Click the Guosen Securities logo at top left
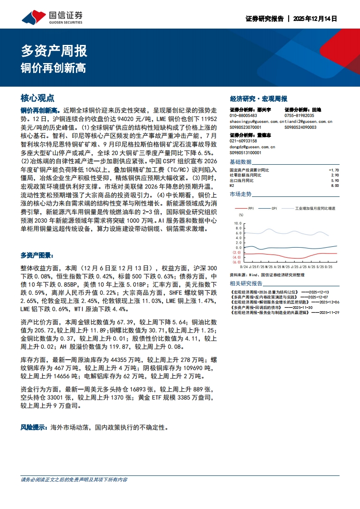point(52,17)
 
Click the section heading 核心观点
point(38,98)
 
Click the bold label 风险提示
point(34,427)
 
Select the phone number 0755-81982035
point(299,116)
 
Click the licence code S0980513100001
point(246,153)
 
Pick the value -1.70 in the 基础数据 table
point(333,170)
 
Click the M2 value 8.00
point(335,185)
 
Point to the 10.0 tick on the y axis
point(237,224)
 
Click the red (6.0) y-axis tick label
point(237,262)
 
